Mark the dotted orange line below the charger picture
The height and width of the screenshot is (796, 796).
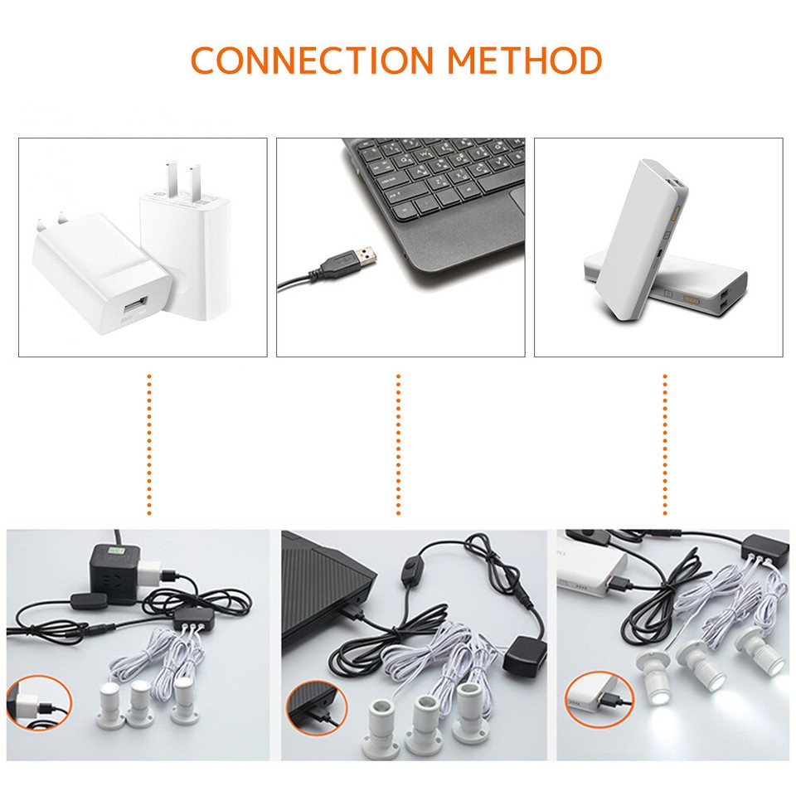click(149, 444)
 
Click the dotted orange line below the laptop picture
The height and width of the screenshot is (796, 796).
click(398, 444)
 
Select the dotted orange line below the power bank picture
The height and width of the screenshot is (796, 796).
click(665, 444)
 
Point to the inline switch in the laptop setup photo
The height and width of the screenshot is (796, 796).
click(410, 572)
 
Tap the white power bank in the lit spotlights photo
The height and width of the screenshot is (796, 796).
click(592, 575)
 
